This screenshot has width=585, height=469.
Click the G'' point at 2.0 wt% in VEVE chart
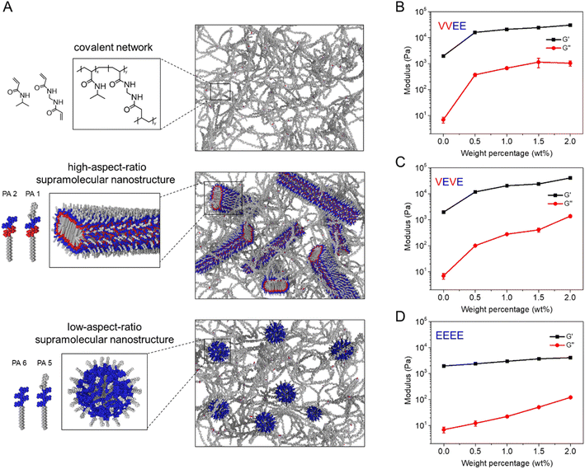[x=569, y=217]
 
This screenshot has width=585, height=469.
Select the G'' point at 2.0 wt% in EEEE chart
[x=569, y=397]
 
